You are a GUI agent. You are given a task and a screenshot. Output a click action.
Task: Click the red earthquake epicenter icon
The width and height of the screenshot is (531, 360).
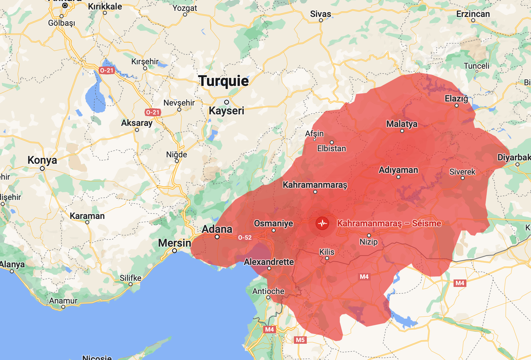tap(322, 223)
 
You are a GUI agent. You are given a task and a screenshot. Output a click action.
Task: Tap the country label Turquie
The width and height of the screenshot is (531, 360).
tap(224, 81)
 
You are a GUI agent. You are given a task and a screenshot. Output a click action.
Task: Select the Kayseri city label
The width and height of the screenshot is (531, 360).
tap(226, 111)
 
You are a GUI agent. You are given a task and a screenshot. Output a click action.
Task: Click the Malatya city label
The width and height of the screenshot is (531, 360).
tap(402, 124)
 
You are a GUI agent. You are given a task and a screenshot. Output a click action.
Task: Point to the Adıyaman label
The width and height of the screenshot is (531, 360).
tap(398, 170)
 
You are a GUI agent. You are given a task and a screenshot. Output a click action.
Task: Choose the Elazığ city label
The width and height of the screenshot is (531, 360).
tap(456, 98)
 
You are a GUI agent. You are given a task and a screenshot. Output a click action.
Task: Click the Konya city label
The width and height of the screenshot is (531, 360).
tap(42, 160)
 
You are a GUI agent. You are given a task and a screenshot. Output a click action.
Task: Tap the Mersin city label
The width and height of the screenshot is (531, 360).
tap(175, 243)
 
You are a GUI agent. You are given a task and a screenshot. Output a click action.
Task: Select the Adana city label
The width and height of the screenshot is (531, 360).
tap(217, 229)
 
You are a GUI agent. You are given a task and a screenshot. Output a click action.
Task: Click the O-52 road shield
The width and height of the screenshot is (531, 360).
tap(245, 238)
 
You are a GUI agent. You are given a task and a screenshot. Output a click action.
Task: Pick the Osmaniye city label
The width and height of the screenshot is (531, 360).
tap(273, 223)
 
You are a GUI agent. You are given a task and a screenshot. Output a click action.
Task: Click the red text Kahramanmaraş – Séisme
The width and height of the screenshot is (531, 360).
tap(389, 223)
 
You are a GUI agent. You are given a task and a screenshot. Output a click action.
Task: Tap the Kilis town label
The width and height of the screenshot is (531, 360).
tap(327, 252)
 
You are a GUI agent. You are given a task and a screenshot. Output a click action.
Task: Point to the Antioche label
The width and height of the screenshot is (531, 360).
tap(268, 291)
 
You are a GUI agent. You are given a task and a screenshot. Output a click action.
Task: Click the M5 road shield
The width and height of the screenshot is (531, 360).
tap(300, 340)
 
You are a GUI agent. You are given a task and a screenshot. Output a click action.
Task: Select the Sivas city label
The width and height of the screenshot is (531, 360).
tap(321, 14)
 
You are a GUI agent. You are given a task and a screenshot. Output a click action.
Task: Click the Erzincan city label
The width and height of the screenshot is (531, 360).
tap(473, 14)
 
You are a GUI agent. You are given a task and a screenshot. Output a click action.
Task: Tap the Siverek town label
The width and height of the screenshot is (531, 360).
tap(462, 172)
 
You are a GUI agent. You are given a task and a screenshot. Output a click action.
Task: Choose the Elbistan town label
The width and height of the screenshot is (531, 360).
tap(331, 149)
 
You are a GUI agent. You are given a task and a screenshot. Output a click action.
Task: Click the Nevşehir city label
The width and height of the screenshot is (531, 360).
tap(179, 103)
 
